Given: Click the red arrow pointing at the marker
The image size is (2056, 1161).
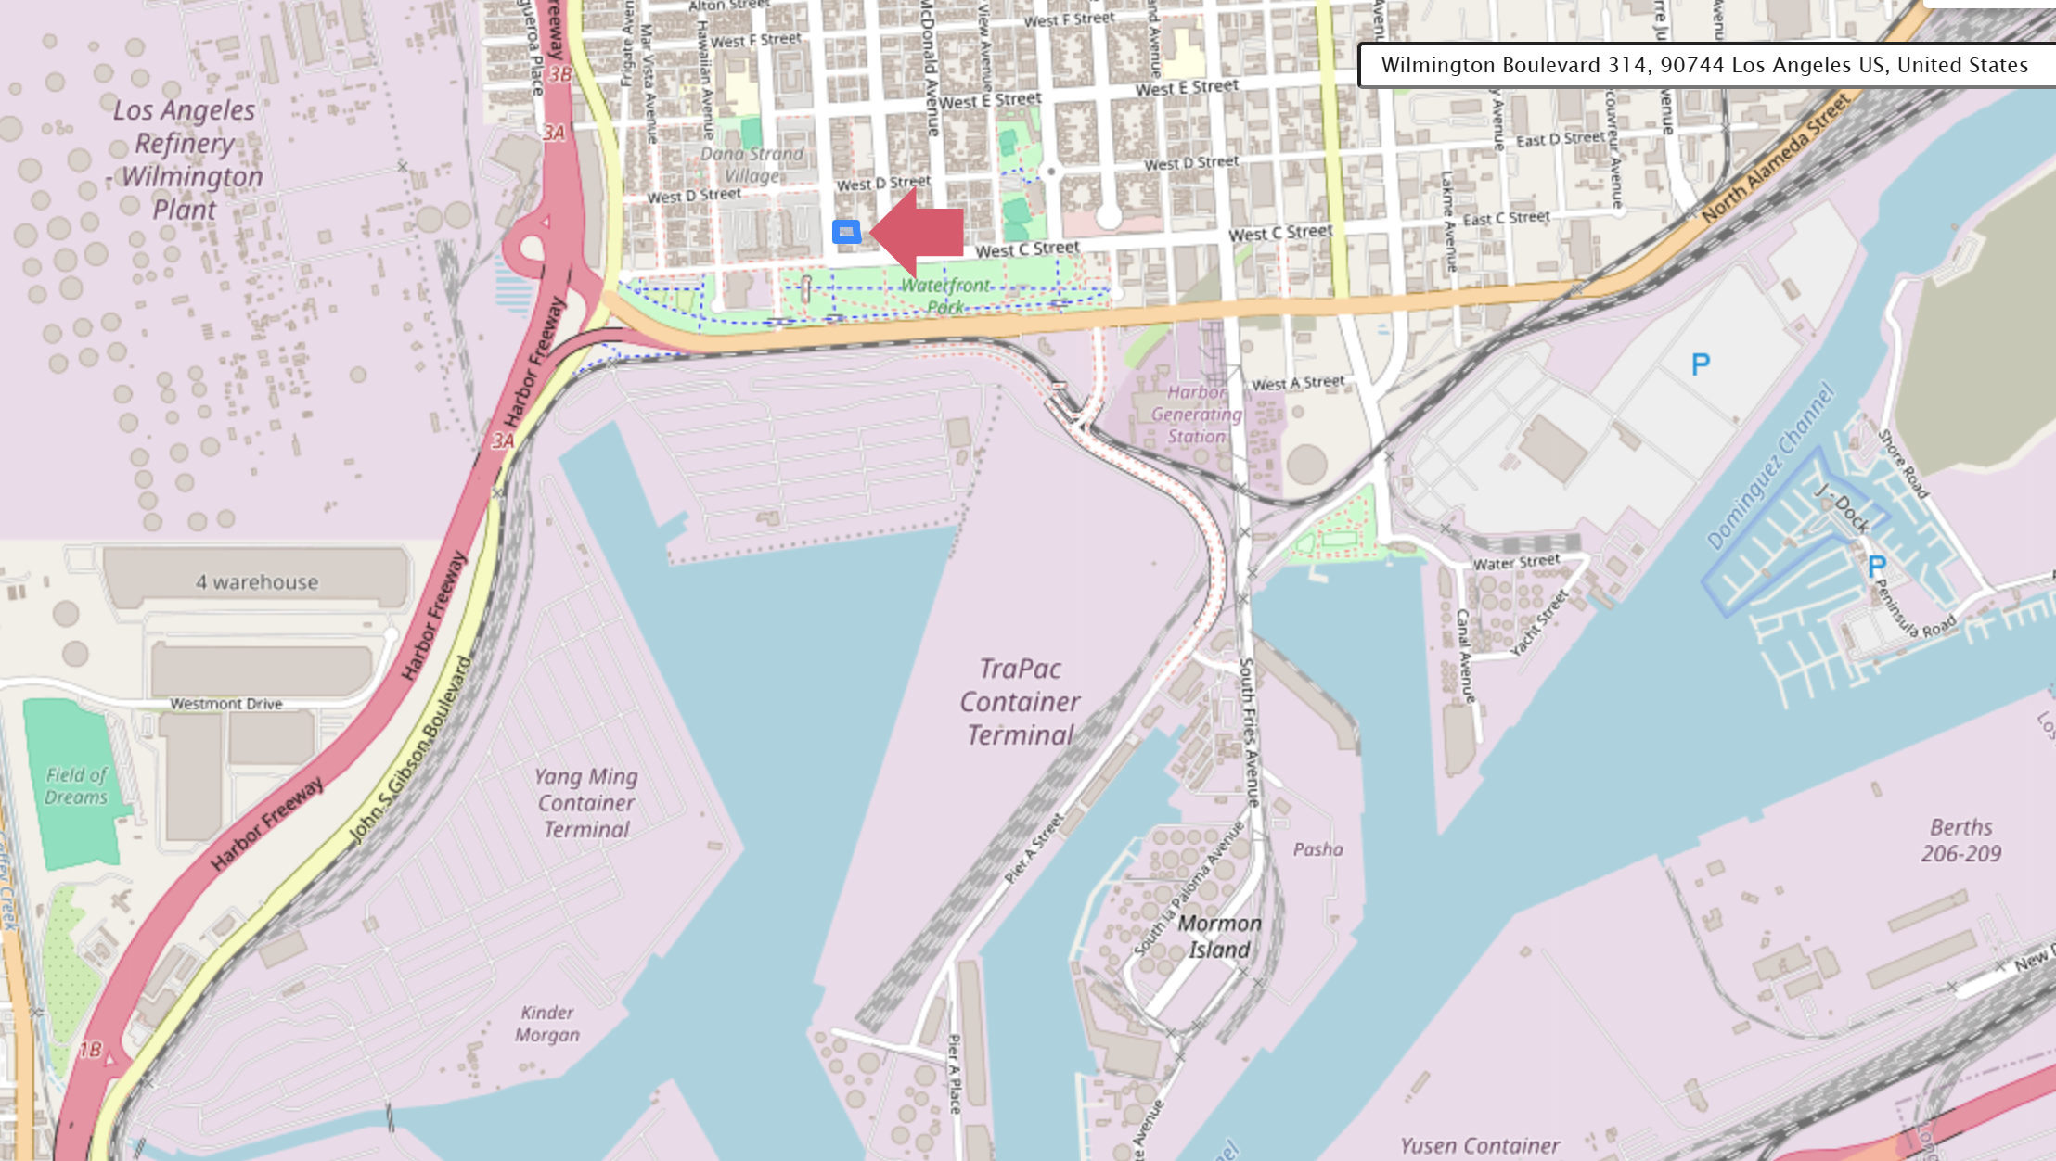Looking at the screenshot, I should coord(919,232).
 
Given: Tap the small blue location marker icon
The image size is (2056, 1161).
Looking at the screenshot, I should coord(846,232).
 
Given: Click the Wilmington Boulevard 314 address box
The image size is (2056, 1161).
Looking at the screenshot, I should coord(1704,65).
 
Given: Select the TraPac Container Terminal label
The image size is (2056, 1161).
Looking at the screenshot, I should coord(1020,702).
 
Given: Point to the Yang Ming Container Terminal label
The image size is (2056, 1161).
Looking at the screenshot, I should coord(586,803).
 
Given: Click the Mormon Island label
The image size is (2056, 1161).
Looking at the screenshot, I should coord(1219,937).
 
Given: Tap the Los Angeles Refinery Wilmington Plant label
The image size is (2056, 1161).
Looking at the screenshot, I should coord(185,159).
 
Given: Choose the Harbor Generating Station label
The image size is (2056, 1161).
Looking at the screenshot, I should coord(1196,415).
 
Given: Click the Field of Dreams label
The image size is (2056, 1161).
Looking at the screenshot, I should coord(76,785).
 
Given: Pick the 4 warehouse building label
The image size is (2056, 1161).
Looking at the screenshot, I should coord(256,582).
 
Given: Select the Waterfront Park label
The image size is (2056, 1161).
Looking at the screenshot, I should coord(944,296).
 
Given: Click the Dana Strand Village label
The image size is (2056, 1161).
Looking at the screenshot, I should coord(752,164).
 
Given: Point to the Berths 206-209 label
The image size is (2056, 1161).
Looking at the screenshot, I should coord(1960,840).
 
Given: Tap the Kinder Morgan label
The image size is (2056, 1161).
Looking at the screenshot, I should coord(547,1024).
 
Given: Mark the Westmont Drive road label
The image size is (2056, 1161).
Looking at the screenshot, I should coord(225,704).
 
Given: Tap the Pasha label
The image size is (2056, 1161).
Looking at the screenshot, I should coord(1317,849).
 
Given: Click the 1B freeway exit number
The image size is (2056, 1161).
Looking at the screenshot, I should coord(90,1050).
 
